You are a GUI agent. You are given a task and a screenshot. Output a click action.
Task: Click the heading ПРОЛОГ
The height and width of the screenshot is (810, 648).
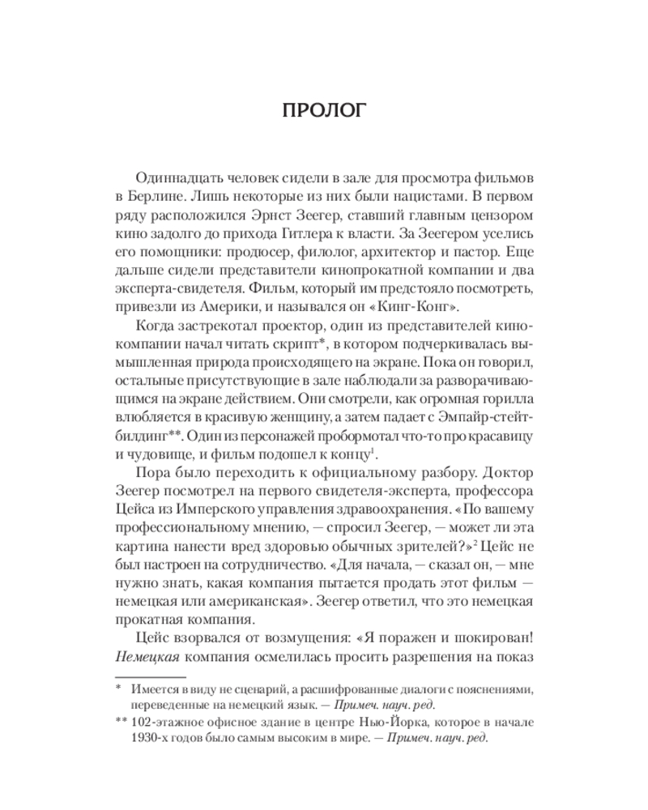pyautogui.click(x=324, y=111)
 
